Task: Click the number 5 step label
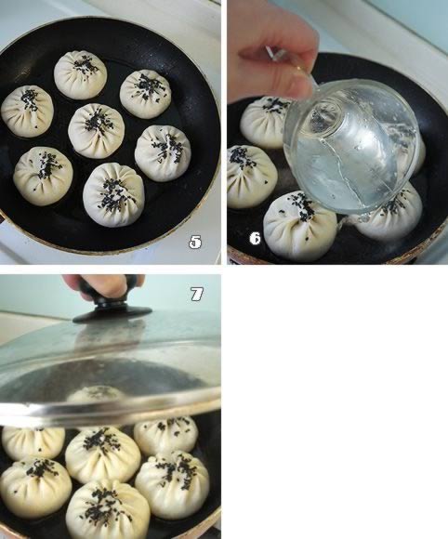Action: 195,243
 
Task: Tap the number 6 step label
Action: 255,238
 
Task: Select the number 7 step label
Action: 197,295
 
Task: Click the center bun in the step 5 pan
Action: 97,131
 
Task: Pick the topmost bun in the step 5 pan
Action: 81,75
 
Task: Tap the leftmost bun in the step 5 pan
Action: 27,112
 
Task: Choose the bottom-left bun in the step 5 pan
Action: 43,176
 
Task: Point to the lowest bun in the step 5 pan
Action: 113,194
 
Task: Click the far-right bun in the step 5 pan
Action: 163,153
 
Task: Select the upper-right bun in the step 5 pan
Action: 146,94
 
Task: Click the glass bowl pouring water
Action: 352,147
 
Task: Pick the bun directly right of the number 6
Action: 300,225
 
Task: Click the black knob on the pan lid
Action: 112,309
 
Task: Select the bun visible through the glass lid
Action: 95,395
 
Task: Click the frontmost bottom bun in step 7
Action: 108,509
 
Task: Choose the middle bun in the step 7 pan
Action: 103,455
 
